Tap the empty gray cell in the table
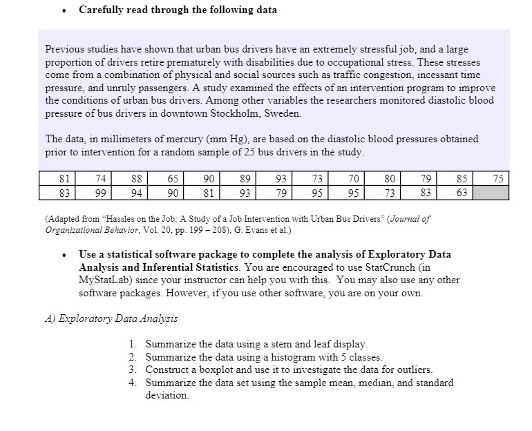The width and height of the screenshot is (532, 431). [x=491, y=193]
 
